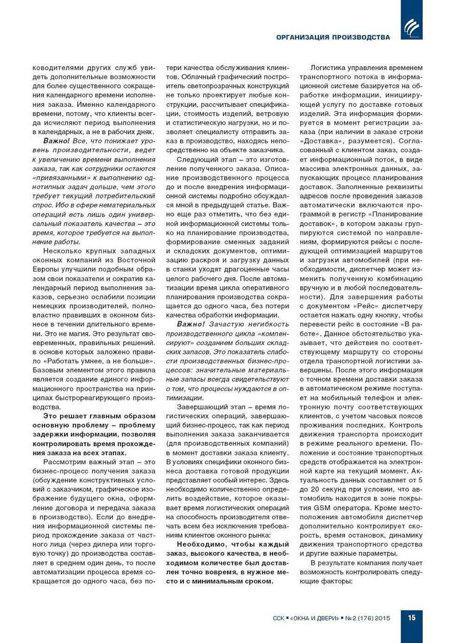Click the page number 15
point(411,617)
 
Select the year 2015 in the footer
point(382,618)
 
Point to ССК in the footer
point(279,618)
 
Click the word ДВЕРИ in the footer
point(327,618)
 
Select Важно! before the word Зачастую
point(191,324)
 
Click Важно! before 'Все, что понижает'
point(57,141)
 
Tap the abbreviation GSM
point(322,507)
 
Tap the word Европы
point(45,269)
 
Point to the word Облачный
point(197,77)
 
